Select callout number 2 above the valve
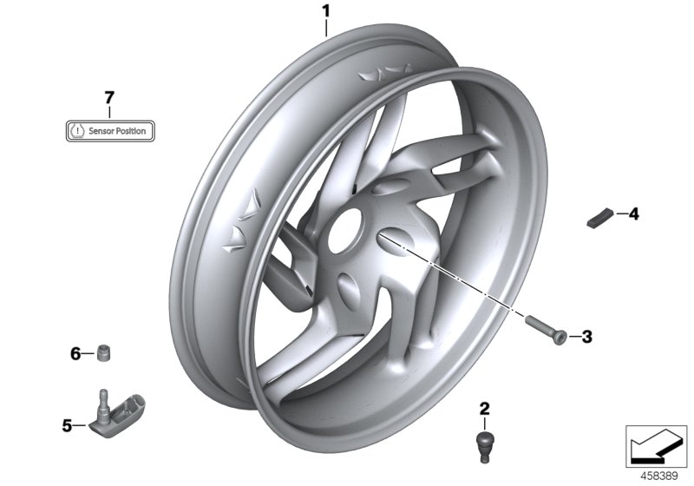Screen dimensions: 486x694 [485, 408]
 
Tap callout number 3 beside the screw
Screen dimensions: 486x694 [586, 337]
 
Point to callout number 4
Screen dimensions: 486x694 [633, 213]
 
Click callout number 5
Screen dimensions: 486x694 [66, 425]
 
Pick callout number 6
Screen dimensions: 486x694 [75, 353]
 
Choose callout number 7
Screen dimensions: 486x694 [109, 97]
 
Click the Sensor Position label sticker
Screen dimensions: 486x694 [110, 131]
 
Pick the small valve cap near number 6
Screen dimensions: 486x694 [104, 353]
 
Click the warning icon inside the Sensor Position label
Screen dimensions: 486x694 [78, 131]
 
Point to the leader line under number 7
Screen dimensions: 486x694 [109, 113]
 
